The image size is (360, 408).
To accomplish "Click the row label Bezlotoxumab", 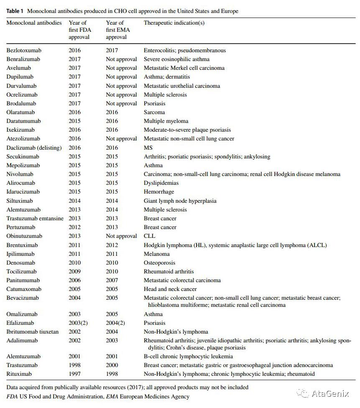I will [x=24, y=51].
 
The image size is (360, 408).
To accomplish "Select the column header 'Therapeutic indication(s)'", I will [x=174, y=23].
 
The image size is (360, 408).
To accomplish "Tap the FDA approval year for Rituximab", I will [x=75, y=374].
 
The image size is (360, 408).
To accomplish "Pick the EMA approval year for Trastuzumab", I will [x=112, y=365].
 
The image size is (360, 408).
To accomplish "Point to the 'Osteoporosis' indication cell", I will [x=159, y=263].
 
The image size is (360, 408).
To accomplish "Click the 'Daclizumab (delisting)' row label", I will [x=34, y=148].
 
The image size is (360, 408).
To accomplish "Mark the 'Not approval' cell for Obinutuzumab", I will [x=121, y=236].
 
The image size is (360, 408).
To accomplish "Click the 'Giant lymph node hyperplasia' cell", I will [x=180, y=201].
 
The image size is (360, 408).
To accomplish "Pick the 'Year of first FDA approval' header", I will [x=79, y=30].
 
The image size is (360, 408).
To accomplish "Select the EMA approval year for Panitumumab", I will [x=112, y=280].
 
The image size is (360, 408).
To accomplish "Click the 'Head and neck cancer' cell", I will [x=170, y=289].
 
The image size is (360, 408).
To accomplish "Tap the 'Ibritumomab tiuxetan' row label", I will [x=33, y=332].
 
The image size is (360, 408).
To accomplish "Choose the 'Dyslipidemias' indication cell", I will [x=161, y=183].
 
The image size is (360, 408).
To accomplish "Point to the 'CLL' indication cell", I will [x=150, y=236].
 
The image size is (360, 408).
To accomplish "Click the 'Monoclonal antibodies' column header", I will [x=34, y=23].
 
